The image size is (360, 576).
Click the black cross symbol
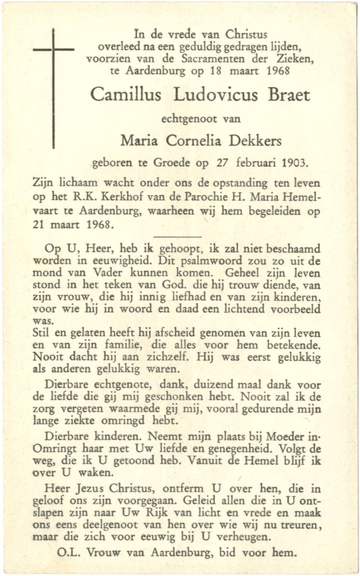[x=54, y=67]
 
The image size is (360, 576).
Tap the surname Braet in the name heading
[x=289, y=95]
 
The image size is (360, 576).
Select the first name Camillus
[x=126, y=95]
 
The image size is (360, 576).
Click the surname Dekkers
[x=255, y=141]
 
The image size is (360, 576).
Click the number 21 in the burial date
[x=39, y=224]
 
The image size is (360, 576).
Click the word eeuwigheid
[x=121, y=261]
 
